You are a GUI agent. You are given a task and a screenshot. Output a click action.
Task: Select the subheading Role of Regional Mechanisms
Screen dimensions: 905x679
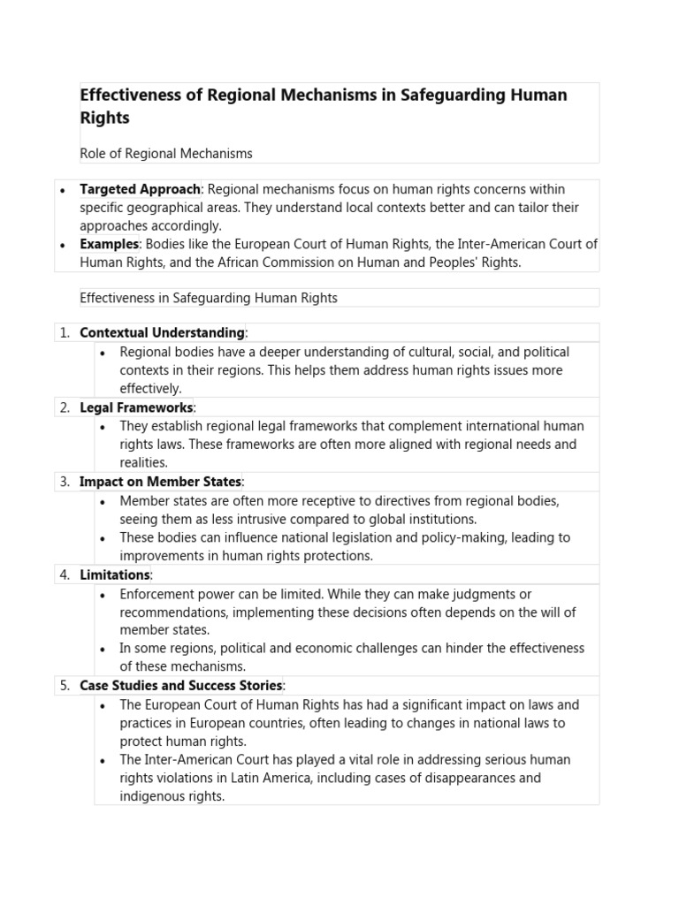(165, 154)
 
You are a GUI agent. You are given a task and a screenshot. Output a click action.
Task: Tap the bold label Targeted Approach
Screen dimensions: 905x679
(141, 189)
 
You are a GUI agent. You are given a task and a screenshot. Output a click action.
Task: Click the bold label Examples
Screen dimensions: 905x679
(109, 244)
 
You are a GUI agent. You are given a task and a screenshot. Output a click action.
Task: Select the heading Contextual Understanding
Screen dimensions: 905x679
(162, 333)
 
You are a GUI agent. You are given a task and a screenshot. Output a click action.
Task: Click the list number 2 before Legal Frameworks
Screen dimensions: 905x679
(65, 407)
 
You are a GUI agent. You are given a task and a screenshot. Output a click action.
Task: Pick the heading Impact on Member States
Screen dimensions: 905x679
(160, 482)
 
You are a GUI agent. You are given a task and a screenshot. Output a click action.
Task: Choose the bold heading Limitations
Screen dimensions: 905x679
(115, 574)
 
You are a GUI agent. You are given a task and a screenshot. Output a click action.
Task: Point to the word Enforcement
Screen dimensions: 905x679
(156, 594)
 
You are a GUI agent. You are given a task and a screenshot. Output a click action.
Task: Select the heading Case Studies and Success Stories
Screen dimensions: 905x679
(181, 686)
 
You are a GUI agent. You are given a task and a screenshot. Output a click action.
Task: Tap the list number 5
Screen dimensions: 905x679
(65, 686)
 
